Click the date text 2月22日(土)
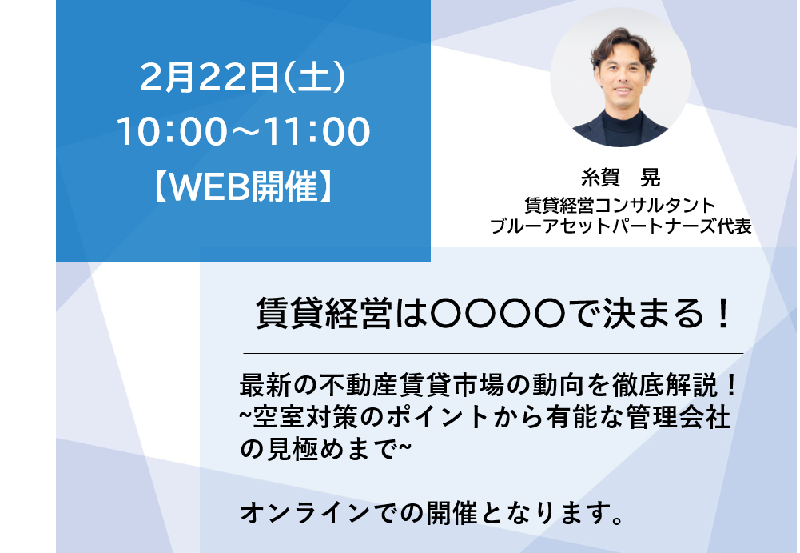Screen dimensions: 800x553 [x=244, y=78]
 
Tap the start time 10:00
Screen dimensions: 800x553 [x=173, y=132]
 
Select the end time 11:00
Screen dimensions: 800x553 [x=316, y=132]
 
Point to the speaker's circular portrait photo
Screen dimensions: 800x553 [x=620, y=78]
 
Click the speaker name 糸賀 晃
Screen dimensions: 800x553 [x=620, y=178]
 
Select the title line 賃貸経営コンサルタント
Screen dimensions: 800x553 [x=620, y=206]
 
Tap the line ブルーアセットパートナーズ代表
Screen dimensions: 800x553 [x=620, y=226]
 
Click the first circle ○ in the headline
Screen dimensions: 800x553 [x=447, y=313]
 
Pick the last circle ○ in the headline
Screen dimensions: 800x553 [x=550, y=313]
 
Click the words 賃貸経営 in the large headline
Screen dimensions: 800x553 [x=324, y=313]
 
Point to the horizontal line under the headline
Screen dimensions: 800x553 [x=493, y=353]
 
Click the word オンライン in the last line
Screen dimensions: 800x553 [x=305, y=513]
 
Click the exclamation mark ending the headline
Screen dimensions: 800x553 [x=722, y=313]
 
